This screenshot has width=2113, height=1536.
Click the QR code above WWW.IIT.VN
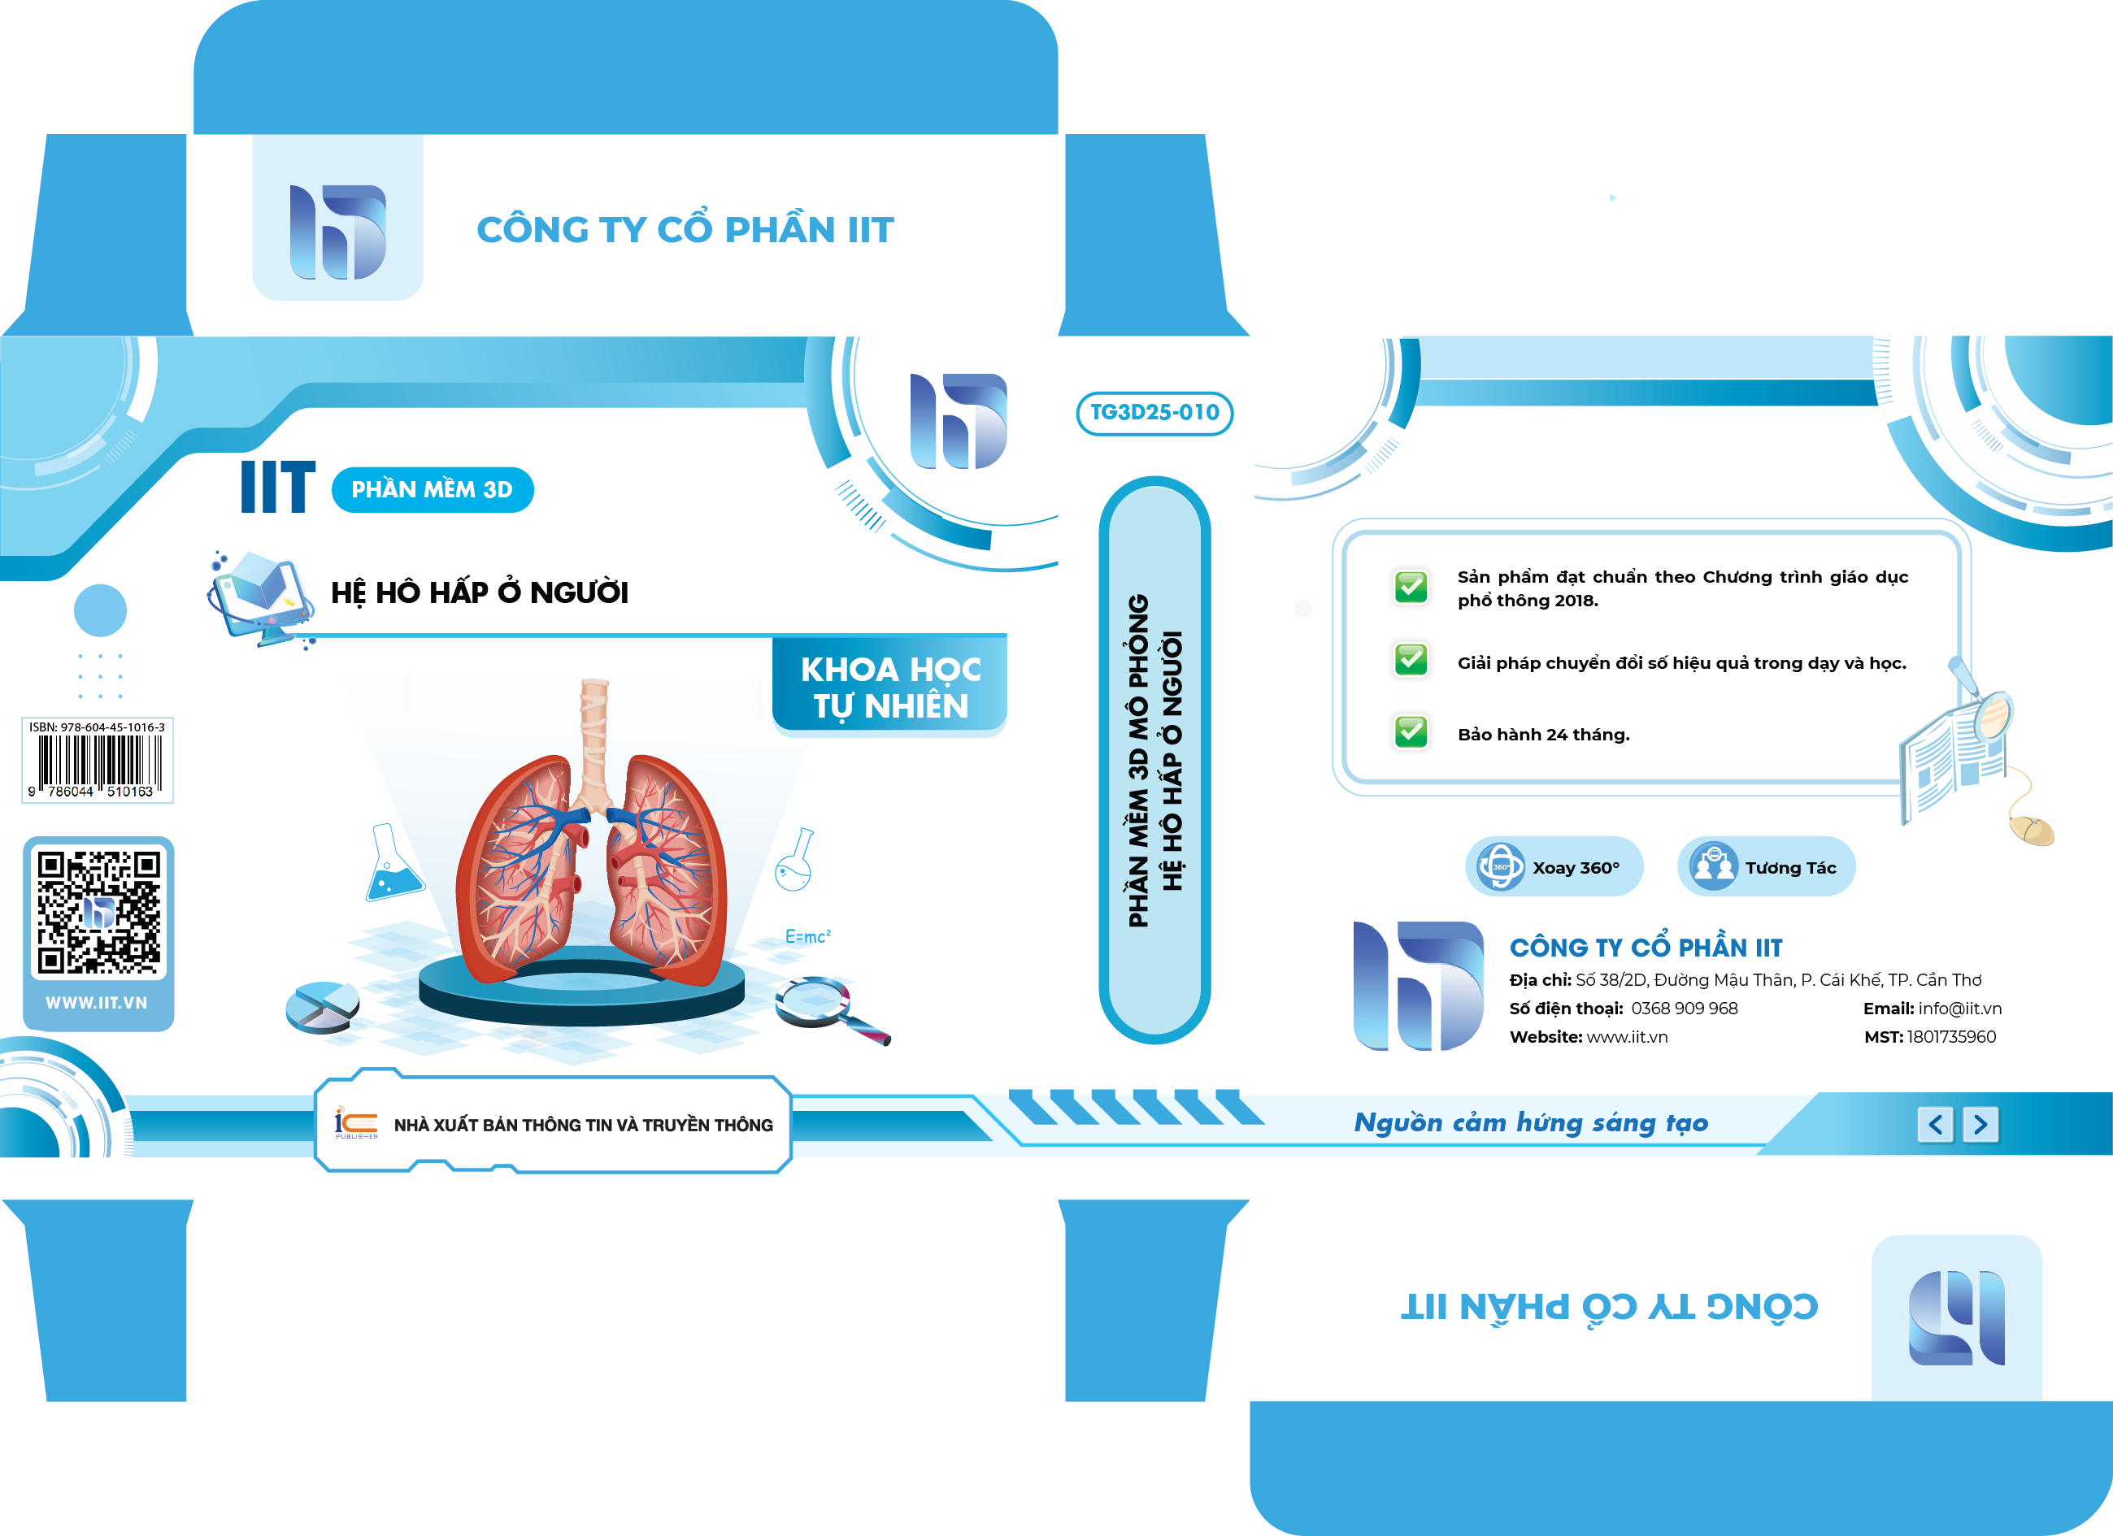click(x=98, y=912)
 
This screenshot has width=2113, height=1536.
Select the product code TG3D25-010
click(x=1154, y=413)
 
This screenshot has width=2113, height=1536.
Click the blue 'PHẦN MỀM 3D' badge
click(x=433, y=490)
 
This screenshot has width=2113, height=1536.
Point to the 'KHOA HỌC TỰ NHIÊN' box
click(x=889, y=688)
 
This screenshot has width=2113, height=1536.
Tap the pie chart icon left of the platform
click(x=322, y=1007)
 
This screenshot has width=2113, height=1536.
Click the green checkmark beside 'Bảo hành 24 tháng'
click(x=1411, y=732)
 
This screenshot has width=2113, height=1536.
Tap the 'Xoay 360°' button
click(x=1554, y=867)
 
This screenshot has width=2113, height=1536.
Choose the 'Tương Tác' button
click(x=1766, y=867)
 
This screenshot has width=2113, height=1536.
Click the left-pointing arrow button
click(x=1935, y=1124)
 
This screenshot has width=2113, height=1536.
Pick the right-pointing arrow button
click(x=1980, y=1124)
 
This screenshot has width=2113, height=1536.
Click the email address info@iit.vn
click(x=1960, y=1008)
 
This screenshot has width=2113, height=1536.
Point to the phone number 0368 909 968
click(x=1685, y=1008)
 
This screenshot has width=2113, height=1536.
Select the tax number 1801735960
click(x=1952, y=1037)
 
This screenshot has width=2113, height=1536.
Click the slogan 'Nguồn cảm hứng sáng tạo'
click(x=1531, y=1123)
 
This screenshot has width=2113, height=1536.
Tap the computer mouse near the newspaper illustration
click(x=2031, y=828)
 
